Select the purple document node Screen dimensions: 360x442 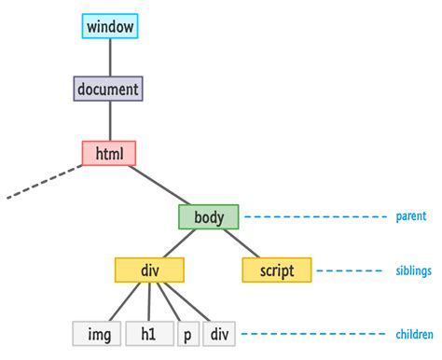[x=108, y=89]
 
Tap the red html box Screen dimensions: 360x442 [x=109, y=153]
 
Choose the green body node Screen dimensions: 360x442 [x=209, y=217]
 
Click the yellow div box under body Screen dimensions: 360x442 [x=149, y=270]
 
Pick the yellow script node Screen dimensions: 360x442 [x=276, y=270]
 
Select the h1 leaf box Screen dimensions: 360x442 [x=149, y=334]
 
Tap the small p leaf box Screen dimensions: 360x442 [x=187, y=334]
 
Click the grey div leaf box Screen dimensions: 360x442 [x=220, y=334]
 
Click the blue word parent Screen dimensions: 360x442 [x=411, y=217]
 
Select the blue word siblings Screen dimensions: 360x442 [x=413, y=271]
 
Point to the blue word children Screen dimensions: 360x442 [x=413, y=334]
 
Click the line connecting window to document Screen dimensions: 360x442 [x=110, y=57]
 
